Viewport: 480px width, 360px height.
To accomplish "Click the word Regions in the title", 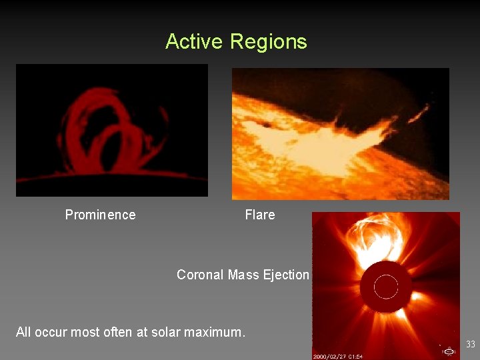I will [x=268, y=41].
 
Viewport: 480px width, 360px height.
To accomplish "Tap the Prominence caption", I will [x=100, y=215].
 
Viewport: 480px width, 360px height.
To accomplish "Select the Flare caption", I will [x=259, y=215].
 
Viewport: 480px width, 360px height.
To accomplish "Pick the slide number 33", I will [x=470, y=345].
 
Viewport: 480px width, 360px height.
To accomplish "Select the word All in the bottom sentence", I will [x=23, y=332].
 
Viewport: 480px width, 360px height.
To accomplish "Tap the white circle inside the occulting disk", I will [x=385, y=287].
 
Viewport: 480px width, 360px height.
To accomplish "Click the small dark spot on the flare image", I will [x=267, y=124].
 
